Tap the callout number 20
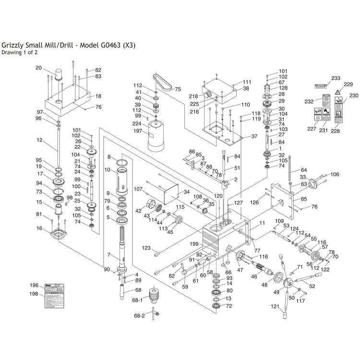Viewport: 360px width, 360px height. tap(39, 68)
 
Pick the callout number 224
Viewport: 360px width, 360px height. tap(137, 123)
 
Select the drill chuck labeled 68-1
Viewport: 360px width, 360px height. tap(154, 293)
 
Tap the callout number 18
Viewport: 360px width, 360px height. tap(98, 96)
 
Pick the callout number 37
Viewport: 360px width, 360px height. tap(254, 136)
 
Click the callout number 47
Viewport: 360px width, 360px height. tap(240, 270)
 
